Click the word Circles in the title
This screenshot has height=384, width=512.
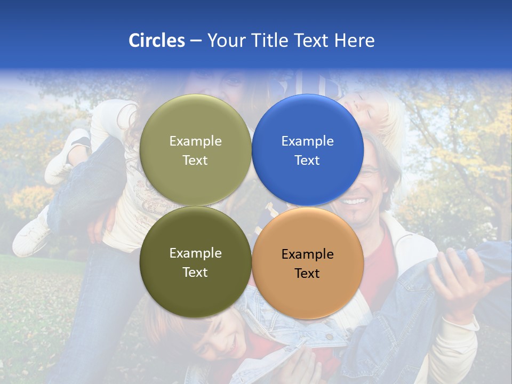156,41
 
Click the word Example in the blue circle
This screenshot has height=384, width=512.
307,141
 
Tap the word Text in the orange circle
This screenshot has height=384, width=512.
307,274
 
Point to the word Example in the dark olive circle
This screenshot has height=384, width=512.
195,253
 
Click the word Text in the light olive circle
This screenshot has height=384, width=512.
195,161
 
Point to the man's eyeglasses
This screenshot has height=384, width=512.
370,172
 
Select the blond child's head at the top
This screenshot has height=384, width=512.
376,109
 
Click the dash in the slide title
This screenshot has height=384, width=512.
196,41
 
